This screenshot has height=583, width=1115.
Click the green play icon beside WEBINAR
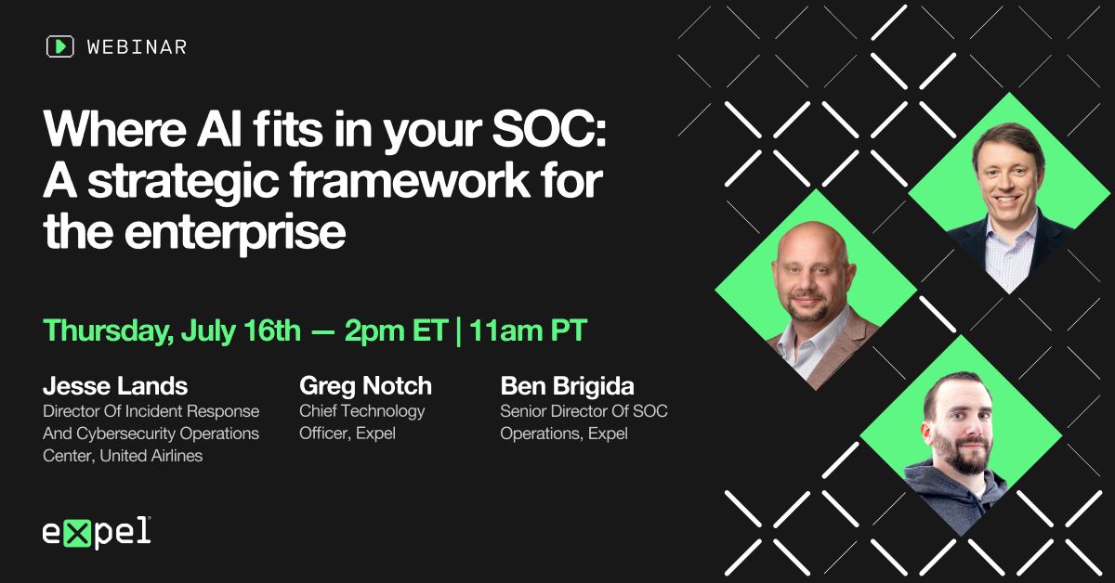59,46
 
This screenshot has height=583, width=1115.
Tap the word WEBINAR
137,47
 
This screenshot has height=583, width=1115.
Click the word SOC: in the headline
549,129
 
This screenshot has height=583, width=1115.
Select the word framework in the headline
410,180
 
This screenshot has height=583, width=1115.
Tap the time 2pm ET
396,331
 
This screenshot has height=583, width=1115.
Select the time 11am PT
528,330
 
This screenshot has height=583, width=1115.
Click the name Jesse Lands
115,386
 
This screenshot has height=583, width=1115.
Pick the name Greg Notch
366,386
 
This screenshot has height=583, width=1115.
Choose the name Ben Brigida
568,386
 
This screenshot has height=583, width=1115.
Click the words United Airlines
151,456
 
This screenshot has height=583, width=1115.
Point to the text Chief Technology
361,411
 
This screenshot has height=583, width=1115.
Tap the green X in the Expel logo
77,533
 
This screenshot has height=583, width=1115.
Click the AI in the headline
219,129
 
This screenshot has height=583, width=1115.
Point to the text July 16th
241,331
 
